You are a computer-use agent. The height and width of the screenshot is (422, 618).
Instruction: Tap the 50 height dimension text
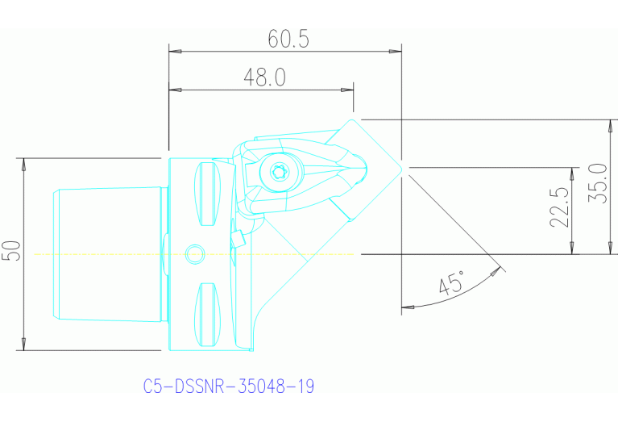point(11,252)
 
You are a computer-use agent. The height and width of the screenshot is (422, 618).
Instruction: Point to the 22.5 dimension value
point(561,208)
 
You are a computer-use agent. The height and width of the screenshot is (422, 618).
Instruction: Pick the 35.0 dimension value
point(598,184)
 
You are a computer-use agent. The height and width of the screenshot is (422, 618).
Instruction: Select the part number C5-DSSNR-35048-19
point(228,386)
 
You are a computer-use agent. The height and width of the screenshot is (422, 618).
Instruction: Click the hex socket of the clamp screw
point(279,171)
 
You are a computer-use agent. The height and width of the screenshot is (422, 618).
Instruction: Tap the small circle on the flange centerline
point(193,254)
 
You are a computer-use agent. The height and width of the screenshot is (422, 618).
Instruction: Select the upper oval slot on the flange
point(209,194)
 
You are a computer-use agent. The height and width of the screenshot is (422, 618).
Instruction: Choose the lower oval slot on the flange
point(209,314)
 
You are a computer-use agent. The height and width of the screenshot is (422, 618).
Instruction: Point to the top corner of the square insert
point(352,119)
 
